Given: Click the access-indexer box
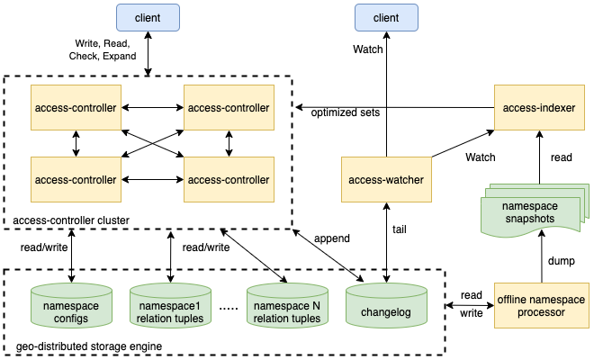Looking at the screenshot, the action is tap(539, 108).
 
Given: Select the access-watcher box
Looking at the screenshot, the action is tap(386, 180).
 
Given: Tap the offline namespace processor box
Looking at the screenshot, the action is tap(542, 305).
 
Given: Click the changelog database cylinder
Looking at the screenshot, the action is tap(386, 305).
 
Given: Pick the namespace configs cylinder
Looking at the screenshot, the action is tap(71, 305).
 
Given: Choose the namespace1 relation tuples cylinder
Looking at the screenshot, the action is tap(170, 305).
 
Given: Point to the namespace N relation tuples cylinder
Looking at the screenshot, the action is tap(287, 305).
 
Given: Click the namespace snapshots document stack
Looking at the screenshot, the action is tap(535, 210).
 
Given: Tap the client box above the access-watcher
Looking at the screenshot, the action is tap(386, 17).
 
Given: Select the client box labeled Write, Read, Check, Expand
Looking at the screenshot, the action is tap(148, 17).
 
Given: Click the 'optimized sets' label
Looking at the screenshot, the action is tap(345, 112).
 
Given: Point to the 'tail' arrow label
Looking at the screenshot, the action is tap(400, 229).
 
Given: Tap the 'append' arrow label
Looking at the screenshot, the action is tap(332, 238).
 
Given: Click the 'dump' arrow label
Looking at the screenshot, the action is tap(562, 261).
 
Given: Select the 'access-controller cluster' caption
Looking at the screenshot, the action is tap(71, 220).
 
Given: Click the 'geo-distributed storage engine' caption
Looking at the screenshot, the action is tap(89, 346).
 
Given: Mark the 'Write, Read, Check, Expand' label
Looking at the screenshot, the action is tap(103, 49).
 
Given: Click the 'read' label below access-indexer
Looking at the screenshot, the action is tap(561, 157).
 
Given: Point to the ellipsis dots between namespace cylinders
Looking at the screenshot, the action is tap(229, 309).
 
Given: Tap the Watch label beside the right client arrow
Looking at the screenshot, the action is tap(368, 49).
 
